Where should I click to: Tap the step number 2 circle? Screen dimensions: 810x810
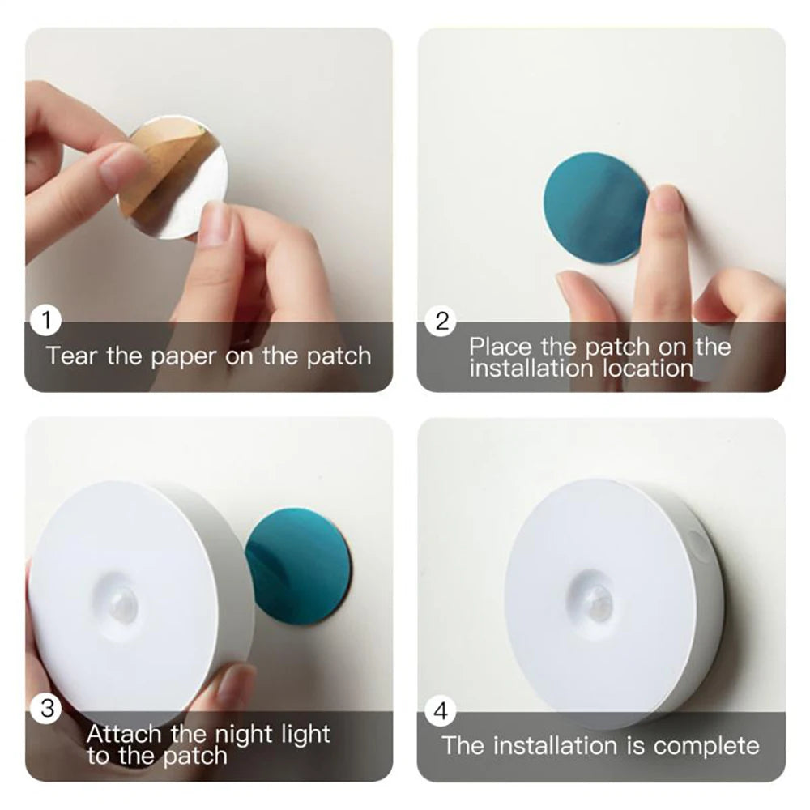[441, 322]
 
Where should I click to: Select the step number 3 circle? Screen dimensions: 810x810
[46, 709]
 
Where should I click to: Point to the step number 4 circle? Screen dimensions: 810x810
[441, 712]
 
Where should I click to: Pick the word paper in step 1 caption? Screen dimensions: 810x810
[185, 357]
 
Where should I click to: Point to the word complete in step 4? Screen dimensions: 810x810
[706, 745]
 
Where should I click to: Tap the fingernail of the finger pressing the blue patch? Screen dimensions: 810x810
[667, 198]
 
